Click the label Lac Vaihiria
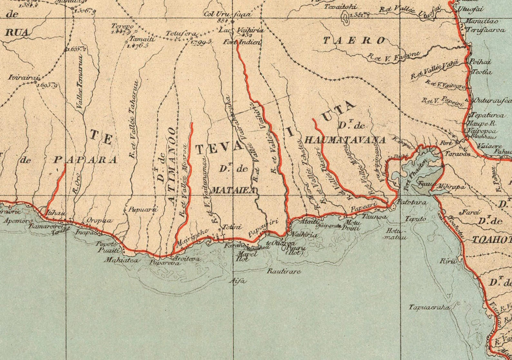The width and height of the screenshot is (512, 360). (x=241, y=31)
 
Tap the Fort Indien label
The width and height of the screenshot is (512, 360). (x=242, y=42)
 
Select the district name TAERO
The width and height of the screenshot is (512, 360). (x=354, y=41)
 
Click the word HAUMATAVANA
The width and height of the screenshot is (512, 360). (x=345, y=140)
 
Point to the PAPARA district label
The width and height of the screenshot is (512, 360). (x=85, y=160)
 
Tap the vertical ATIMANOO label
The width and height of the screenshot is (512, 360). (x=173, y=166)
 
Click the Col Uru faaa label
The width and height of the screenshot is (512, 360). (x=227, y=14)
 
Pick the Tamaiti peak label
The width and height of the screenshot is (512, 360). (x=142, y=39)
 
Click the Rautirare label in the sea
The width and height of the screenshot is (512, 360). (x=284, y=271)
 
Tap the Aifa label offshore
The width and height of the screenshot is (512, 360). (x=239, y=281)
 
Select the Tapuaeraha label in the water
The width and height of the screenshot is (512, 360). (x=429, y=307)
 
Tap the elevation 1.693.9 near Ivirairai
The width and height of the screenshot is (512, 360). (x=47, y=86)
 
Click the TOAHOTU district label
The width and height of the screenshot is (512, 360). (x=492, y=240)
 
